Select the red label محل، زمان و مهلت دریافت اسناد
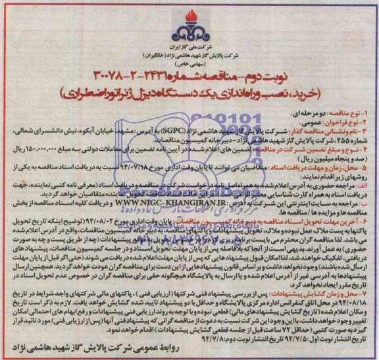click(x=307, y=167)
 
